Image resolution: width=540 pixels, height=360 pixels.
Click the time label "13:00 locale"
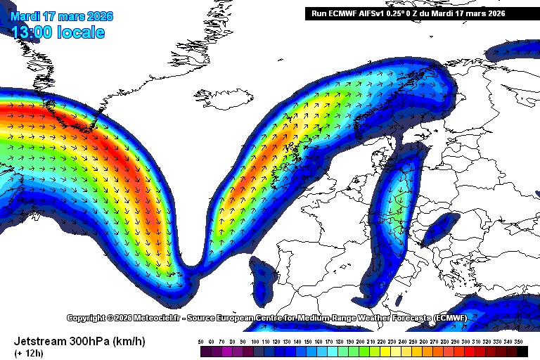pyautogui.click(x=58, y=32)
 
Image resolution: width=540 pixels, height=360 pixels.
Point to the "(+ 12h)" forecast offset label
pyautogui.click(x=28, y=352)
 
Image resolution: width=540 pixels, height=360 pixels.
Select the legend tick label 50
pyautogui.click(x=201, y=342)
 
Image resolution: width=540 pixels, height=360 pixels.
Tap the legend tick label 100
pyautogui.click(x=254, y=342)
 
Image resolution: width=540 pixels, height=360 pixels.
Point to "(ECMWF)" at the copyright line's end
pyautogui.click(x=450, y=318)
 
